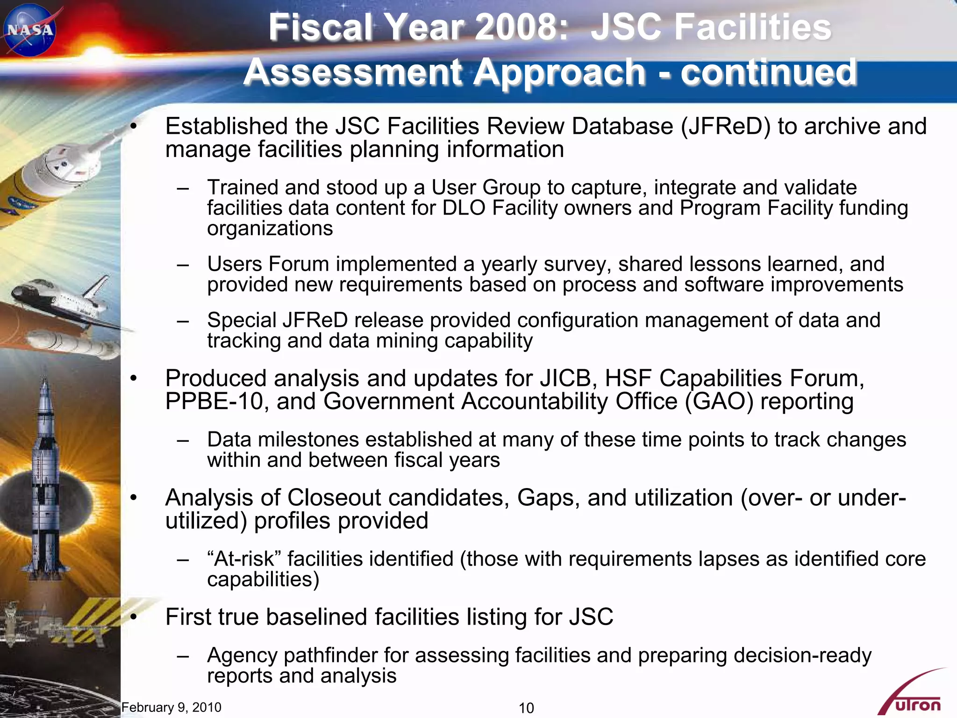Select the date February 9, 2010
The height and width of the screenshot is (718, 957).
click(x=171, y=707)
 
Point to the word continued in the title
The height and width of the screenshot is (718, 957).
click(x=768, y=72)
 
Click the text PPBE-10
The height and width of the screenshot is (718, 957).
click(x=214, y=402)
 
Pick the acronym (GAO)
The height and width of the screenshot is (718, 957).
click(x=719, y=402)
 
